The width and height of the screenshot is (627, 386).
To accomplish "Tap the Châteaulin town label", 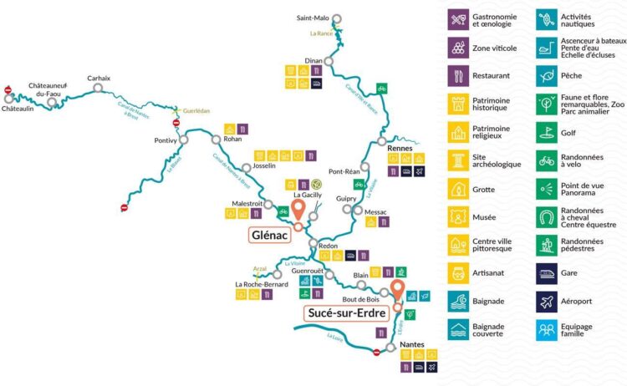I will pyautogui.click(x=18, y=109).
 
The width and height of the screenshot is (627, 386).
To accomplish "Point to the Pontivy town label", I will pyautogui.click(x=166, y=140).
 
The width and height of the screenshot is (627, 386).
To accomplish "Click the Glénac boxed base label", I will pyautogui.click(x=269, y=236).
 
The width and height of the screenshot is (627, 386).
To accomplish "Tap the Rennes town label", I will pyautogui.click(x=402, y=147).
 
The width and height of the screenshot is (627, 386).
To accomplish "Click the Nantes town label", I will pyautogui.click(x=412, y=344).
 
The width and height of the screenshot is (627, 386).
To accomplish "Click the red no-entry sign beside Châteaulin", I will pyautogui.click(x=8, y=90).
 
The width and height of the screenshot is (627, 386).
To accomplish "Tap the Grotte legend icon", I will pyautogui.click(x=457, y=187).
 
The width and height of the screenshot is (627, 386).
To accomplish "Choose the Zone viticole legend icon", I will pyautogui.click(x=457, y=47).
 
